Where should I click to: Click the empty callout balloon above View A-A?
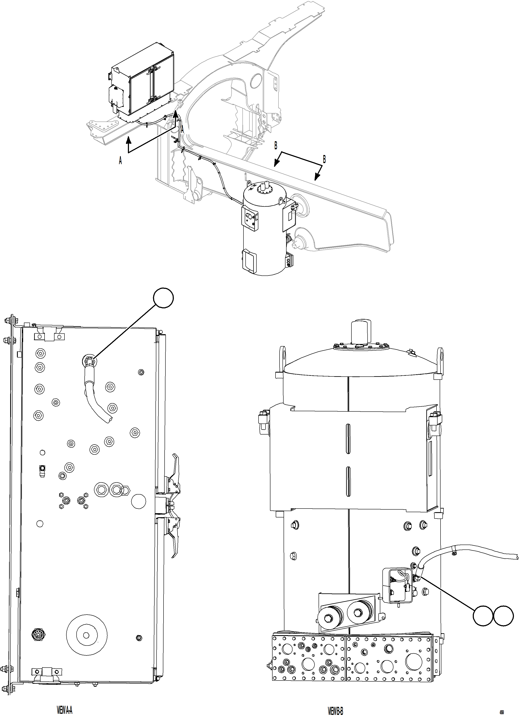[163, 298]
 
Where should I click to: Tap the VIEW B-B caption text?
[335, 711]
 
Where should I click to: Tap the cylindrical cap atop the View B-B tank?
[361, 332]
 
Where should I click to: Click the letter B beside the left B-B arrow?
[276, 146]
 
